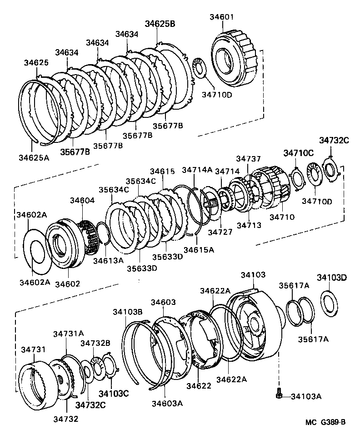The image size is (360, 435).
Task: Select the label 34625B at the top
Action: click(x=160, y=24)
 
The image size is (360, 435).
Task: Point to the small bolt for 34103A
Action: click(x=278, y=395)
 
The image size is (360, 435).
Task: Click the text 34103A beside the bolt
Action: click(x=305, y=396)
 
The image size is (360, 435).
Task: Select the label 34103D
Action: click(x=332, y=278)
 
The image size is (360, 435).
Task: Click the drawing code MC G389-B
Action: click(x=325, y=422)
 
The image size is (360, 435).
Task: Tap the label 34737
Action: click(x=248, y=158)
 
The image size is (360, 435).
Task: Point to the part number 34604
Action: click(x=82, y=200)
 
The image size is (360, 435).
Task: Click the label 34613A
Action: click(x=108, y=261)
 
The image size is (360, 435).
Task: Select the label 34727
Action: click(x=220, y=232)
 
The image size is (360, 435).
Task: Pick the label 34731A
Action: click(x=68, y=334)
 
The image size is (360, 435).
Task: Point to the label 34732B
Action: click(x=95, y=343)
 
